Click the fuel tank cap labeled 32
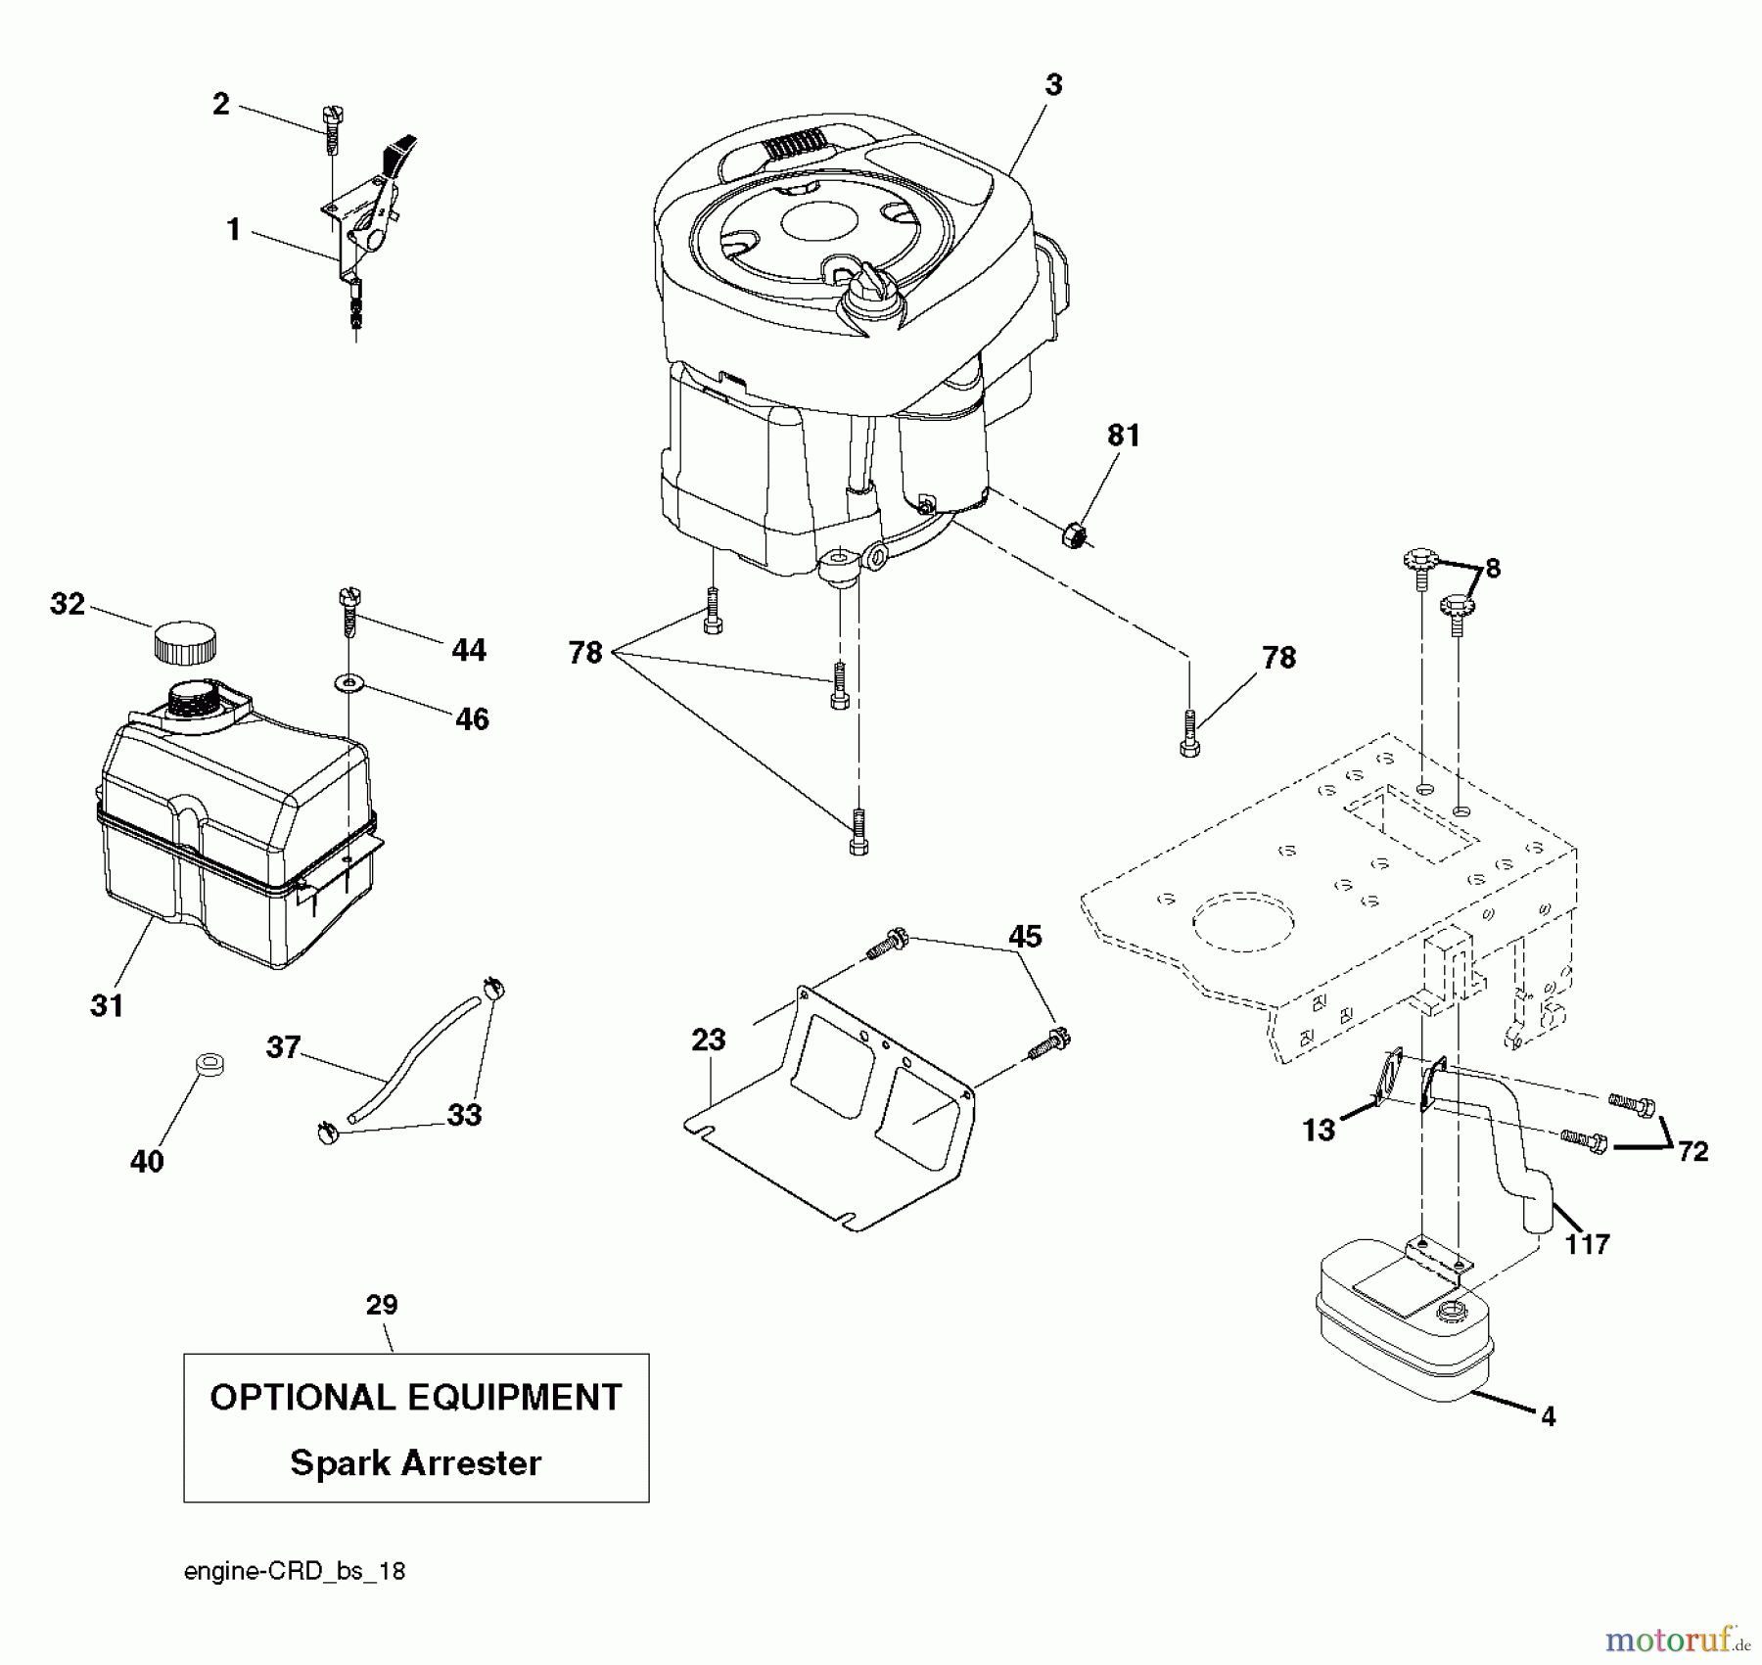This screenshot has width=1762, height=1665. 185,643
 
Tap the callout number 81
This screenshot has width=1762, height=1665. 1123,436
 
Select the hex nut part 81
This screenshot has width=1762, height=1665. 1074,535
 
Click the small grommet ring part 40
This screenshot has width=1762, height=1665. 209,1063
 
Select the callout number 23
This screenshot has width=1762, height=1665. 708,1040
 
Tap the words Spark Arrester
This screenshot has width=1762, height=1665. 415,1463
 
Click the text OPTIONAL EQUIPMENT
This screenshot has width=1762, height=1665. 415,1397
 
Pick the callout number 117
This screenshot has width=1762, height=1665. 1587,1244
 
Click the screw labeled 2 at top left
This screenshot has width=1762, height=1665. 331,131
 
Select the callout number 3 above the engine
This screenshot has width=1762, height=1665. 1052,85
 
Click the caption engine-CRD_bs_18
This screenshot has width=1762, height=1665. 294,1571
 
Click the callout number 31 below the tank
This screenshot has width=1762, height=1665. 107,1005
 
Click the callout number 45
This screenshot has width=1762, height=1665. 1025,937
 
